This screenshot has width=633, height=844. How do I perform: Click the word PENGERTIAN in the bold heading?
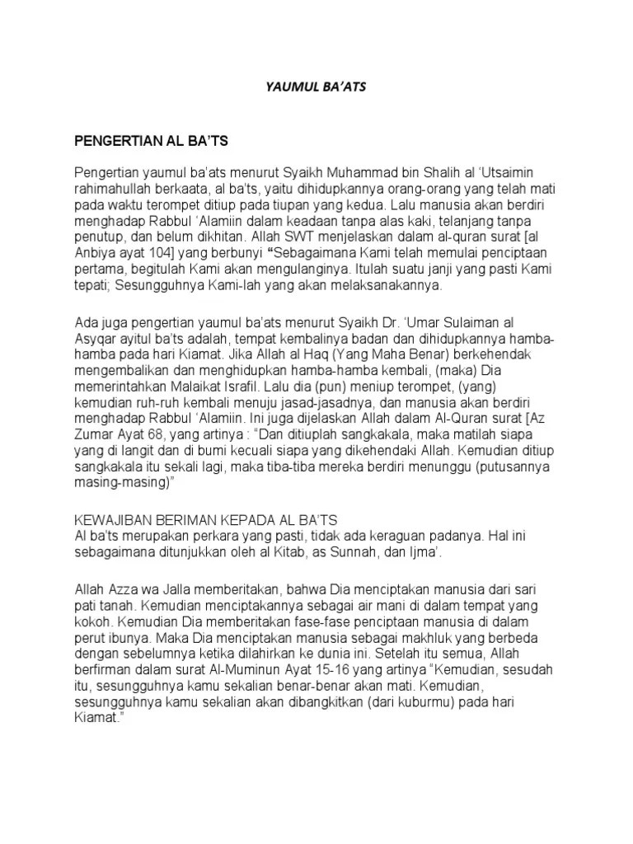coord(118,142)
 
